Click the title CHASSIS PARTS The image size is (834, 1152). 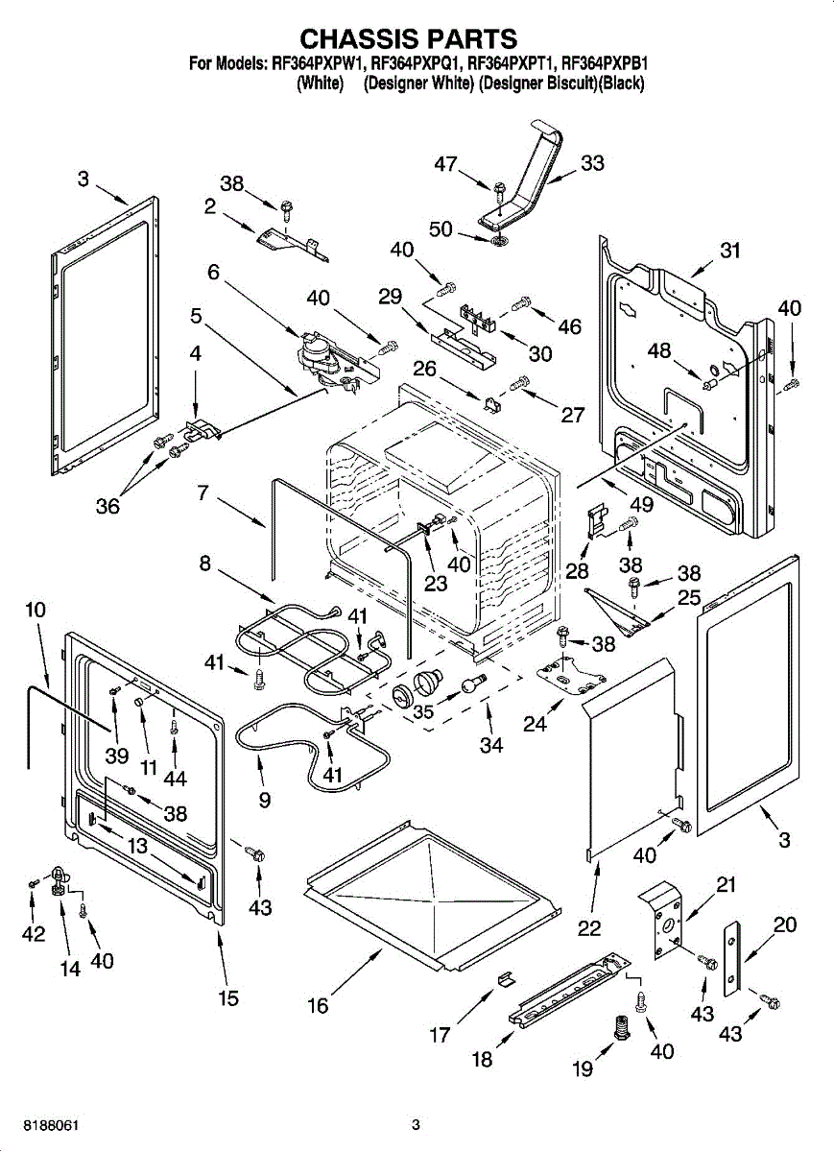409,38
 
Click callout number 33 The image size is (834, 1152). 592,163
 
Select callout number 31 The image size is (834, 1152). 731,251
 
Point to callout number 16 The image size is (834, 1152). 318,1005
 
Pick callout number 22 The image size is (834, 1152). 588,928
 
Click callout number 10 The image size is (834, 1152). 36,610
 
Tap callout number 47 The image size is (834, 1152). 445,164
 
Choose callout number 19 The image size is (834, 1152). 583,1068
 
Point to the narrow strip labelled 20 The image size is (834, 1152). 733,956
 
